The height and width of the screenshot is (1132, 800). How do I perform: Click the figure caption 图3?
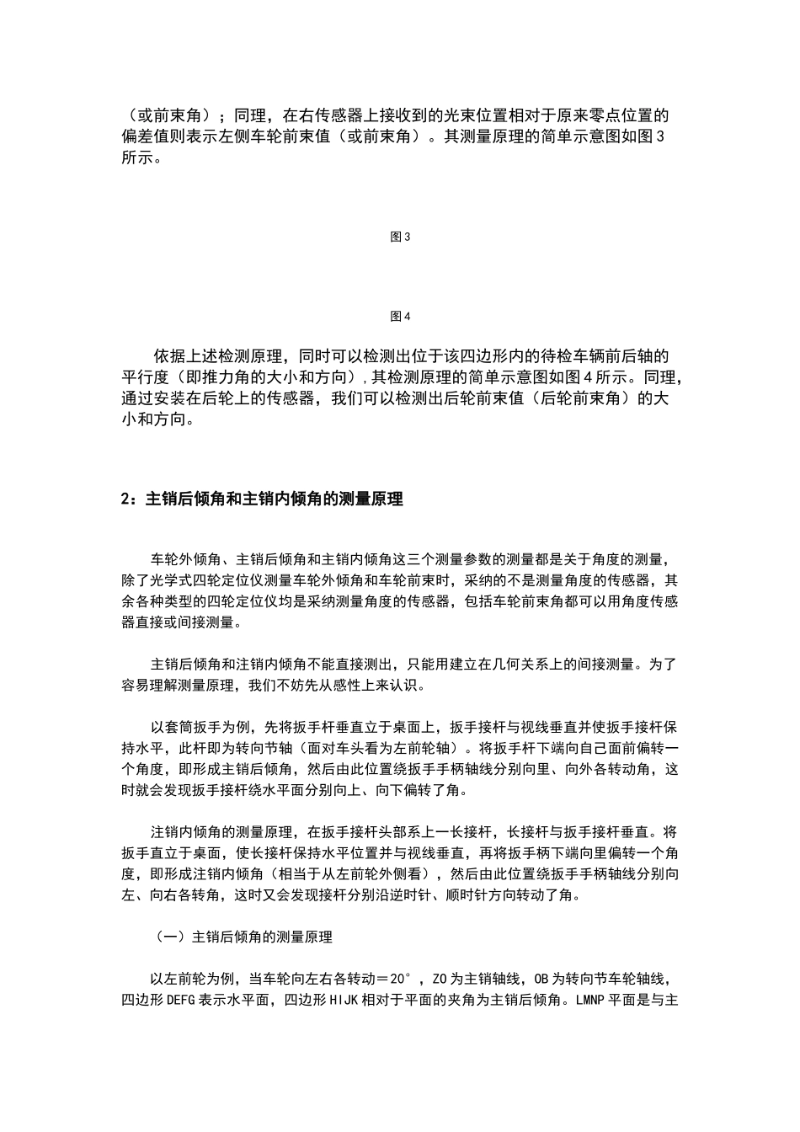coord(400,238)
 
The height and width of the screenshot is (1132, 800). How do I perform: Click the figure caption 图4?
coord(400,317)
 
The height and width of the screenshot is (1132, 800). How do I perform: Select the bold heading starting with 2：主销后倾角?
coord(262,499)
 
